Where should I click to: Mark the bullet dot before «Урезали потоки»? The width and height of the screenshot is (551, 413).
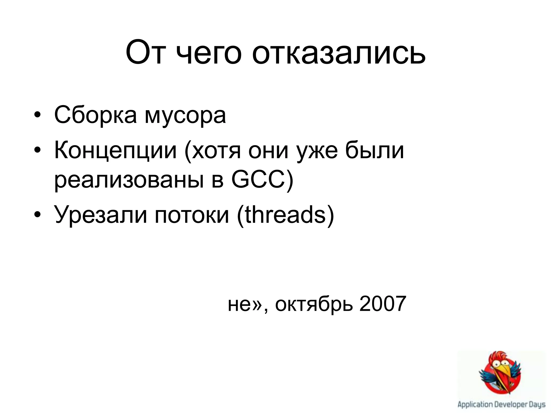(37, 214)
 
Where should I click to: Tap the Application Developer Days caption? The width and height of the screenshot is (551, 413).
(501, 404)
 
